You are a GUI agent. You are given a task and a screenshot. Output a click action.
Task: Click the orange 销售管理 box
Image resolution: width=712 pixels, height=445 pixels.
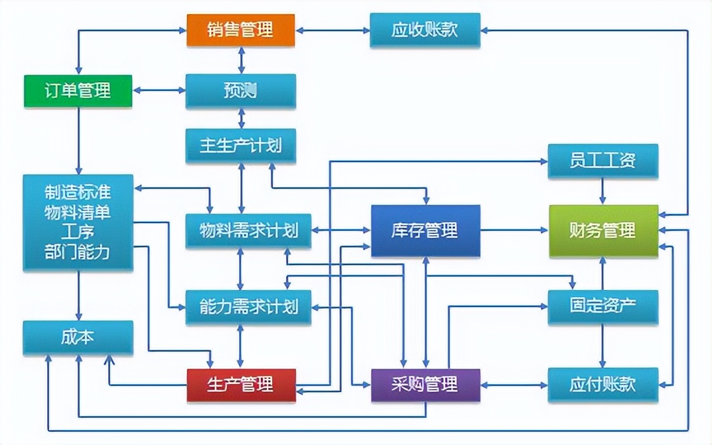point(241,29)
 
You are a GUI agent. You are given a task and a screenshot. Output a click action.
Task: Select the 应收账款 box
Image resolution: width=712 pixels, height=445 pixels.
point(425,29)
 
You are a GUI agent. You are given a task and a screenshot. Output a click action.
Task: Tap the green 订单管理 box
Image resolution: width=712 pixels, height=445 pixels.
point(78,90)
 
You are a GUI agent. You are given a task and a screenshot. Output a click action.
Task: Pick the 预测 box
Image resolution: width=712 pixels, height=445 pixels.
point(241,90)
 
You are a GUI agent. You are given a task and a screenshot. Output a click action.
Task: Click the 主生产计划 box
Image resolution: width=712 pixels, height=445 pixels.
point(241,146)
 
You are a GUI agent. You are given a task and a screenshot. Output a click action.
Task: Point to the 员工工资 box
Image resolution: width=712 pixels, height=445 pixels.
point(603,160)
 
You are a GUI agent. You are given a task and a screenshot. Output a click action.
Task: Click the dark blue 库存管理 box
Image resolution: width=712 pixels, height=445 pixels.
point(425,230)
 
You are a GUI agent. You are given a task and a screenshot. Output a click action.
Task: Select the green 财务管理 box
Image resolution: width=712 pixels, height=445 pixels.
point(603,230)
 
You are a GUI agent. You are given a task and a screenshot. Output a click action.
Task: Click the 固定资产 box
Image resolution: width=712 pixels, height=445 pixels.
point(603,306)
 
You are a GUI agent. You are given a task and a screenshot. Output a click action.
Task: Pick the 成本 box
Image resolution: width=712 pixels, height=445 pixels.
point(78,337)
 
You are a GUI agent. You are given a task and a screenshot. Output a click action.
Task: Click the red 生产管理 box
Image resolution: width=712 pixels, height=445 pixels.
point(241,385)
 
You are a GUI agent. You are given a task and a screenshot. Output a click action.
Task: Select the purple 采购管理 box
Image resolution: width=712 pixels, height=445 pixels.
point(425,385)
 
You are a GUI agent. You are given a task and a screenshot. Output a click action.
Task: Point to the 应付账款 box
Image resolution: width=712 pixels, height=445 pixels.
point(603,385)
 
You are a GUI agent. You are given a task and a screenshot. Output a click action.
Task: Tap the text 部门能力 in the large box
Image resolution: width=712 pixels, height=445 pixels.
point(78,252)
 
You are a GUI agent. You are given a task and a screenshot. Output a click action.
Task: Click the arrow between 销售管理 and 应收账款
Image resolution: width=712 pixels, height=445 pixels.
point(332,29)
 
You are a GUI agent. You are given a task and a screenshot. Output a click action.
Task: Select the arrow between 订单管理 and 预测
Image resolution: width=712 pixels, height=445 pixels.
point(159,90)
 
